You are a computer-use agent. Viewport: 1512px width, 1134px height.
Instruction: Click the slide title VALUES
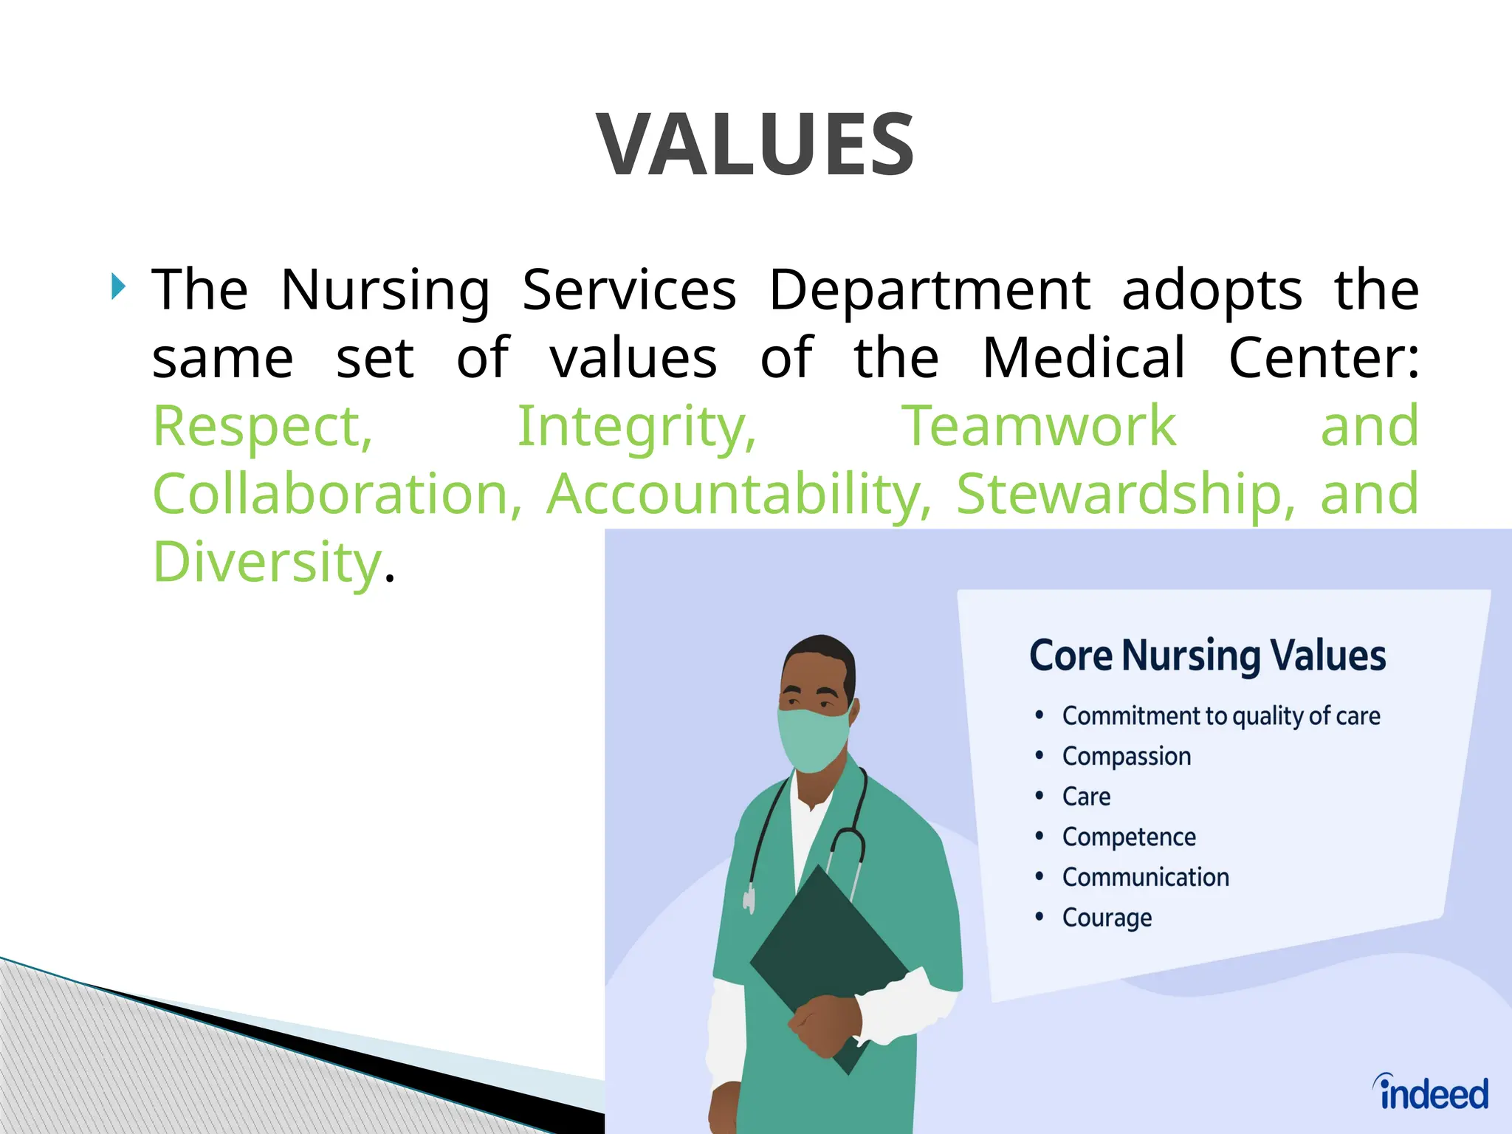(x=756, y=145)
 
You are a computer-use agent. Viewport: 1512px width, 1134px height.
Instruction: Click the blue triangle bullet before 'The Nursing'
(x=118, y=286)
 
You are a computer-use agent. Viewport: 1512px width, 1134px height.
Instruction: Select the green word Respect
(x=262, y=427)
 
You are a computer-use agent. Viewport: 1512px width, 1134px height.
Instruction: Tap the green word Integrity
(x=636, y=427)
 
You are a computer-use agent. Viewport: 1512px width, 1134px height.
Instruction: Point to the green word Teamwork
(x=1039, y=427)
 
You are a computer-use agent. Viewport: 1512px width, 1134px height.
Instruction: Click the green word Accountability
(x=738, y=494)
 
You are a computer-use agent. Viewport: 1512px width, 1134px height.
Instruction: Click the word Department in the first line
(x=929, y=290)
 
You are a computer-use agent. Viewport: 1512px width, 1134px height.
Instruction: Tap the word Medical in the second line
(x=1084, y=358)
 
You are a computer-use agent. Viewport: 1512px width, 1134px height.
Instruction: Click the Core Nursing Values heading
(x=1207, y=656)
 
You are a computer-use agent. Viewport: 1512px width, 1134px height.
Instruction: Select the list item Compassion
(x=1126, y=757)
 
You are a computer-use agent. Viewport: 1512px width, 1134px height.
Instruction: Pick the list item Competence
(x=1128, y=837)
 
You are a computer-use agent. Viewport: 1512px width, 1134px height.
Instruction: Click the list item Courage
(x=1107, y=918)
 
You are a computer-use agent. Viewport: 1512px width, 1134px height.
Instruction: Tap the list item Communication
(x=1145, y=878)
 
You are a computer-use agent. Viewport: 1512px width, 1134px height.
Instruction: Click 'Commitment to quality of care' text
(x=1220, y=716)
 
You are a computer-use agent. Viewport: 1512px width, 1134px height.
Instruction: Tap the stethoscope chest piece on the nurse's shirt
(x=749, y=900)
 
